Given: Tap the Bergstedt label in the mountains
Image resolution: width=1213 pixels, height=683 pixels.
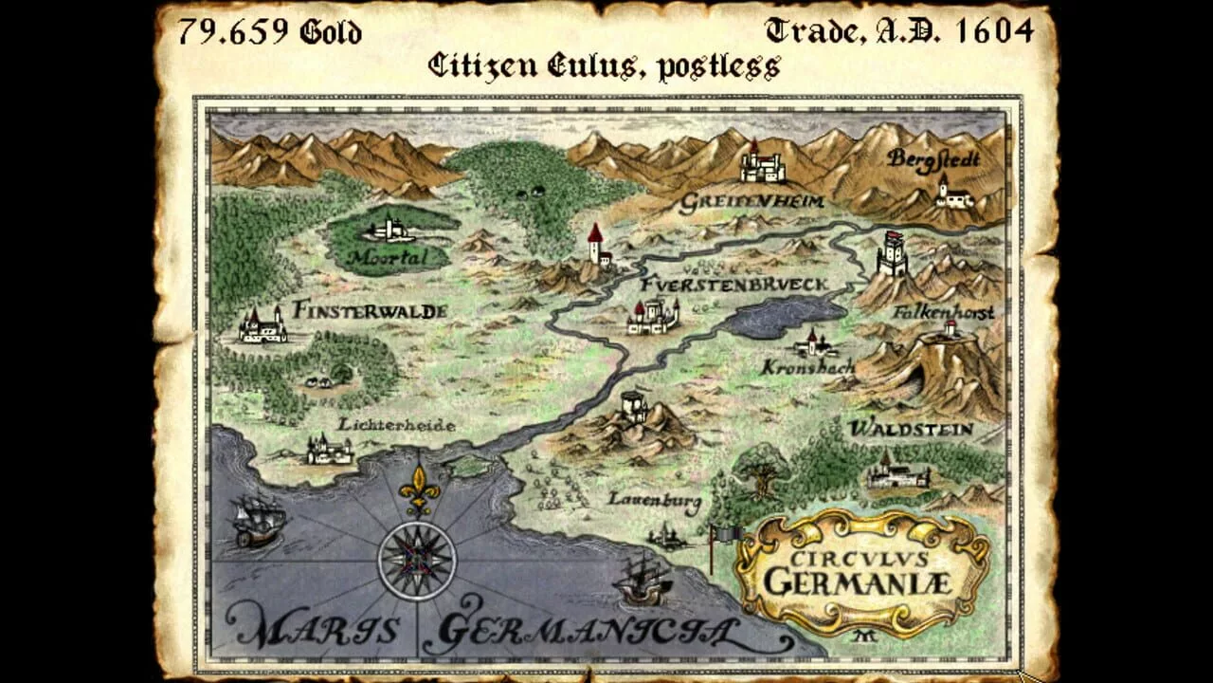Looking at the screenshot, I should point(933,159).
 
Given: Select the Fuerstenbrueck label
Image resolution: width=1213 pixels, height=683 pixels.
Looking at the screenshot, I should point(734,285).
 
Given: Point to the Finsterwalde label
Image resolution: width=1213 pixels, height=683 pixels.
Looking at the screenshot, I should point(370,310).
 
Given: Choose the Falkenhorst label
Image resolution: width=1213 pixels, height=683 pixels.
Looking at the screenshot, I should point(943,312).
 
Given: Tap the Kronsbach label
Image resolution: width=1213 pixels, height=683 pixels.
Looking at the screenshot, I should point(808,366).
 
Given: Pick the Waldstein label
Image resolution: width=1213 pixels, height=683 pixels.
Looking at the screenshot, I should point(911,429).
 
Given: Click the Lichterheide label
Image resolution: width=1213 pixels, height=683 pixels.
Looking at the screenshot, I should point(397,425).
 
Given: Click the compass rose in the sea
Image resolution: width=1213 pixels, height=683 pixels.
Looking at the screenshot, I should point(417,560).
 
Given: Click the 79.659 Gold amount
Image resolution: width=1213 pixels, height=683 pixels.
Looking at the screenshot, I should point(270,31).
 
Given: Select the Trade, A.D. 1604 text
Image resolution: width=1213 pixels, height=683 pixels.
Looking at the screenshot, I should point(898,31).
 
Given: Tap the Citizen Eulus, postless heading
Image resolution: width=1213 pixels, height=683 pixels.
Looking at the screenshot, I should point(604,65).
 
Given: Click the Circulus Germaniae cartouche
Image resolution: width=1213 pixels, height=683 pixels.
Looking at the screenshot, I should point(861,571).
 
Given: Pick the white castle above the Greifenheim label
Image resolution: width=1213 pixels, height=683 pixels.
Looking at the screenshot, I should point(762,163).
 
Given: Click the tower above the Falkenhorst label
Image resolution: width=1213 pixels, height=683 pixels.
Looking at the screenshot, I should point(892,254).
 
